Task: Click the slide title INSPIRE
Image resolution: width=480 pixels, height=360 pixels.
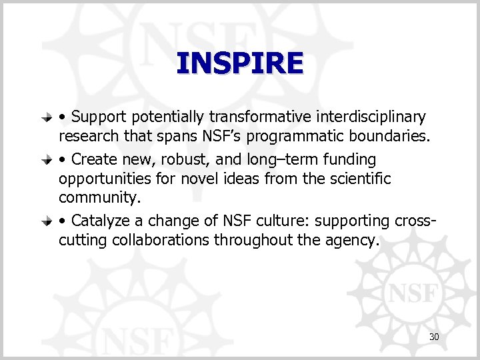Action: (240, 64)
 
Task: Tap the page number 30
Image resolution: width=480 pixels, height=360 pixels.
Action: (434, 337)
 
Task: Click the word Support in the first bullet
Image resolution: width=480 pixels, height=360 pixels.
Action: (99, 117)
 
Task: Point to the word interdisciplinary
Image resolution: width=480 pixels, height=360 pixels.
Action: (369, 117)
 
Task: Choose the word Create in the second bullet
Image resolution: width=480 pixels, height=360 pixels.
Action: (95, 160)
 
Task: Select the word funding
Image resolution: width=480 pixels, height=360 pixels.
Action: (351, 160)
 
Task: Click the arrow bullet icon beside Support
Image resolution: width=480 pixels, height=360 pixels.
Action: (47, 118)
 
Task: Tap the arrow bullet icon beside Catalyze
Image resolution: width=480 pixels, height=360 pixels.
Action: (47, 221)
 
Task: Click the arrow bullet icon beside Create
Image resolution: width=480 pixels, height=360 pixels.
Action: (47, 161)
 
